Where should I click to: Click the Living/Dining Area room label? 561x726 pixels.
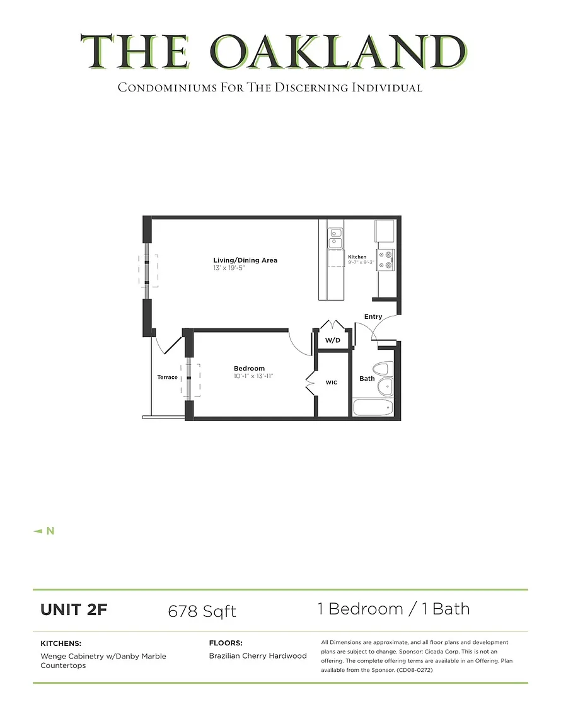click(245, 260)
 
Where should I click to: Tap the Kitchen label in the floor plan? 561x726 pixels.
click(357, 257)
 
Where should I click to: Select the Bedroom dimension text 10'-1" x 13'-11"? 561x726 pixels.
click(253, 376)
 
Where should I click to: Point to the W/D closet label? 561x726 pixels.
click(333, 340)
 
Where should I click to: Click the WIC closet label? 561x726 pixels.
click(331, 383)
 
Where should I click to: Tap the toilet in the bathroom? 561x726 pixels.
click(383, 369)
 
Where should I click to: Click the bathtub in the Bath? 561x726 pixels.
click(373, 407)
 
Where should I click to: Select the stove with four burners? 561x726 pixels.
click(385, 260)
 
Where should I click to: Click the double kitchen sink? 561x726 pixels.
click(335, 238)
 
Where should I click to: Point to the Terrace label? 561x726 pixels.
click(167, 377)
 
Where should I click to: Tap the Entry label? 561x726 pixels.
click(373, 317)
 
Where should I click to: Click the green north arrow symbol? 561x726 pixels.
click(38, 531)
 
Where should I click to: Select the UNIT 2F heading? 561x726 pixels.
click(74, 610)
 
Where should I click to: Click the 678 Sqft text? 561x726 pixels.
click(202, 611)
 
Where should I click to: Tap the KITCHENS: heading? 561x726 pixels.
click(61, 643)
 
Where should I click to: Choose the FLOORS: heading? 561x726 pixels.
click(226, 643)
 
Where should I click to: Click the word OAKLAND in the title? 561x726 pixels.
click(338, 52)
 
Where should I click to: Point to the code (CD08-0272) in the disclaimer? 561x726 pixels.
click(415, 670)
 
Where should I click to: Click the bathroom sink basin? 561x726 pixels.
click(385, 386)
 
